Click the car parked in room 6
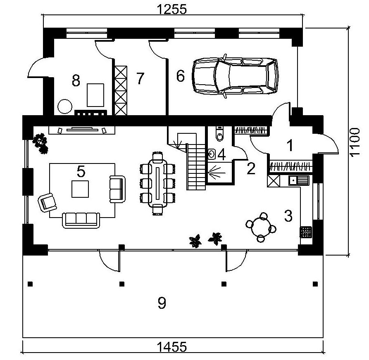[235, 76]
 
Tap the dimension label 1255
[172, 8]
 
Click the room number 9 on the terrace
[162, 303]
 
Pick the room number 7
[140, 78]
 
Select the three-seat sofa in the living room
[81, 219]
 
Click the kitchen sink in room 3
[299, 180]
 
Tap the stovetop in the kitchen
[306, 232]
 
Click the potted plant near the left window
[40, 142]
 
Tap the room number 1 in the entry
[290, 145]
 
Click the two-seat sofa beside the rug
[117, 189]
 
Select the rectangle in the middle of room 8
[95, 95]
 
